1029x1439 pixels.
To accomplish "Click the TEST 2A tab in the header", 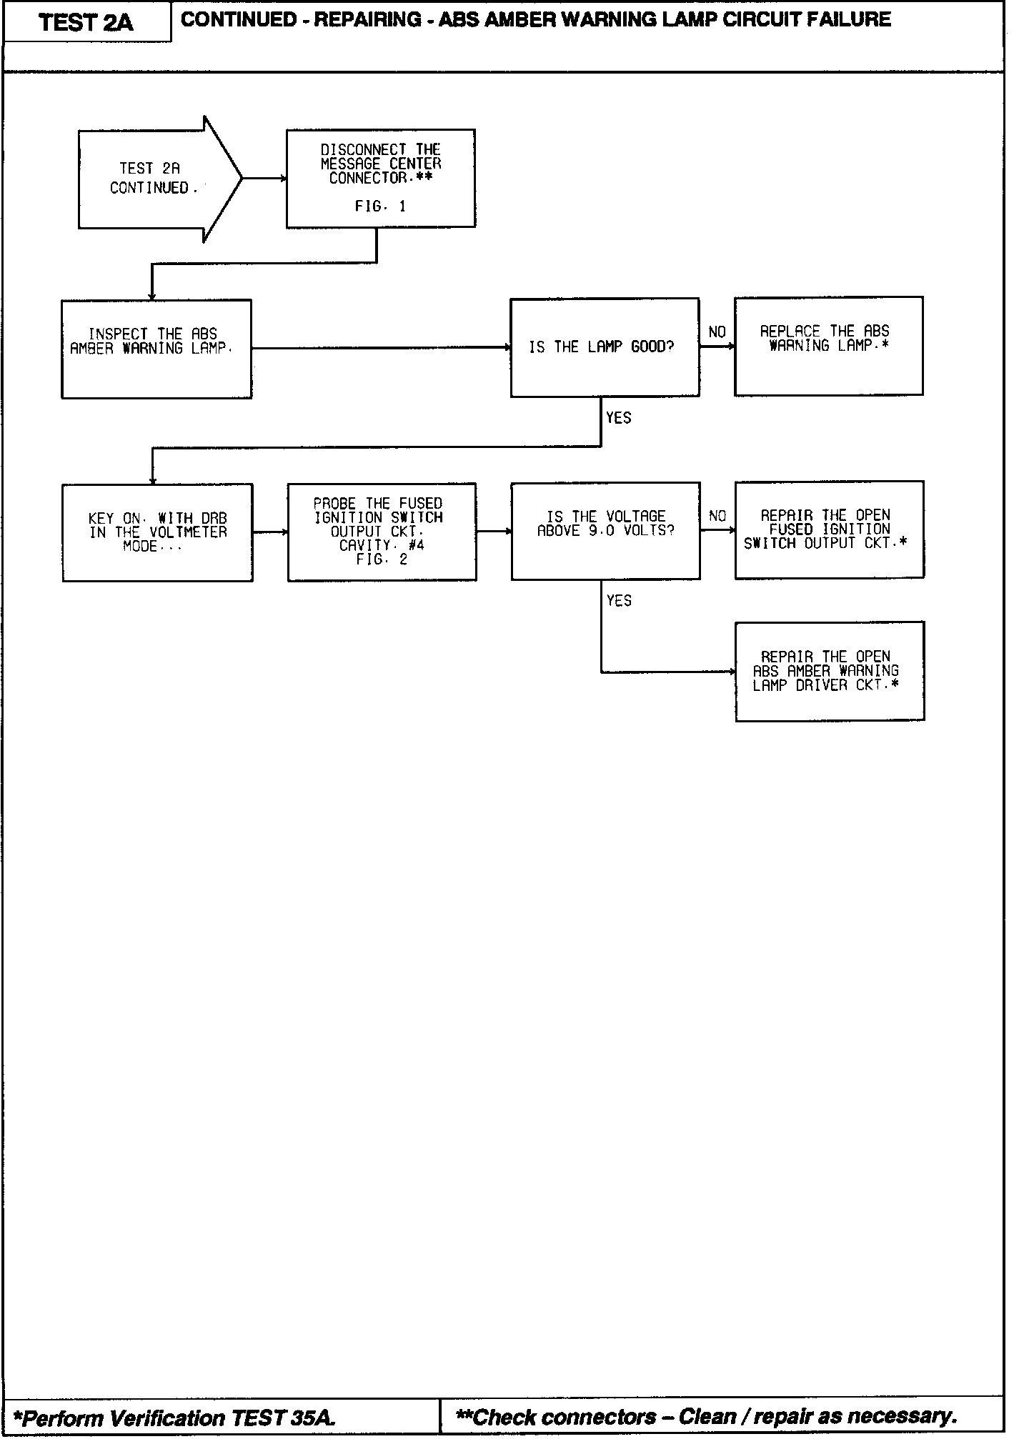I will click(86, 22).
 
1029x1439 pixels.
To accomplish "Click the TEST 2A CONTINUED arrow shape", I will click(151, 179).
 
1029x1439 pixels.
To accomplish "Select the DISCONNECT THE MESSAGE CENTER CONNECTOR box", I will click(381, 178).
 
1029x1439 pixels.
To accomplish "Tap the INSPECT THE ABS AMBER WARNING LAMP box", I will click(156, 349).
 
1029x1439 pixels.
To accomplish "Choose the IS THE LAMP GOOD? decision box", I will click(605, 347).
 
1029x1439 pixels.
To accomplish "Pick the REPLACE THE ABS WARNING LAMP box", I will click(828, 346).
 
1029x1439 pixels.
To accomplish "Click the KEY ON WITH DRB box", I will click(157, 532).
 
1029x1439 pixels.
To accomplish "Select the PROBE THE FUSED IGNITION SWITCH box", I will click(382, 531).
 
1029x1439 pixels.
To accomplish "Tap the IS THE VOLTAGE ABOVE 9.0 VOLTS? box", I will click(605, 530).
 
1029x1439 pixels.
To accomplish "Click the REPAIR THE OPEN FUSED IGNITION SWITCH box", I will click(829, 529).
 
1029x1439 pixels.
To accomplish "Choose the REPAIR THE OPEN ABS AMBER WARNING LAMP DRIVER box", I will click(830, 671).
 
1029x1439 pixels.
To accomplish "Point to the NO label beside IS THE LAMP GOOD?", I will click(717, 332).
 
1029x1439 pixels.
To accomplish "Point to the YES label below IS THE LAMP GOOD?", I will click(619, 418).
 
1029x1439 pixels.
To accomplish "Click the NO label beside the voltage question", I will click(717, 516).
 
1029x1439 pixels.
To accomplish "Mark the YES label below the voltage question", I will click(619, 601).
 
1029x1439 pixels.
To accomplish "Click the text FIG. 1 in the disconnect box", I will click(380, 206).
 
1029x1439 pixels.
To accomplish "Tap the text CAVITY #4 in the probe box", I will click(382, 546).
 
